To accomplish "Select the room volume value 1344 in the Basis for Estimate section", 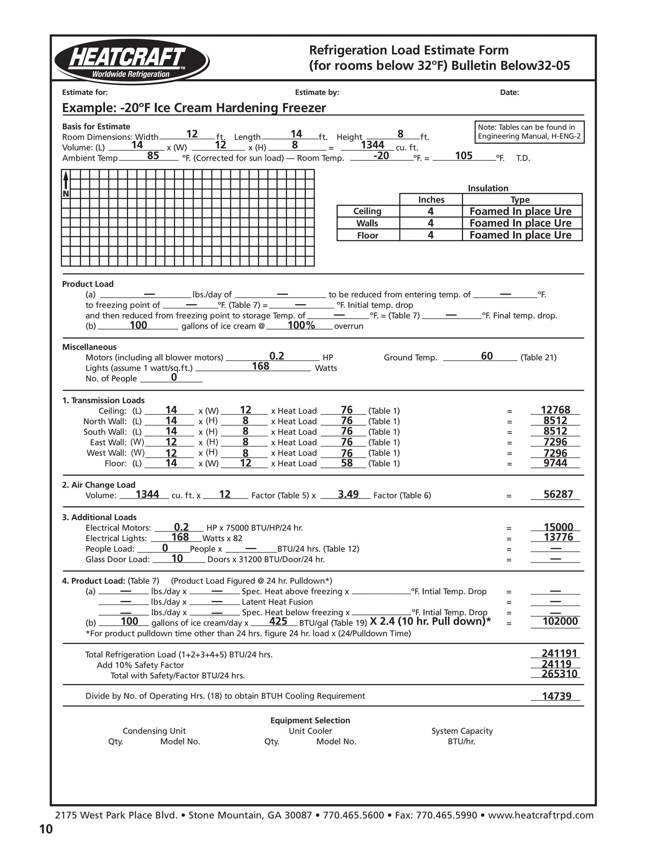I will coord(372,145).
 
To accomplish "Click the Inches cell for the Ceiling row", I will coord(430,211).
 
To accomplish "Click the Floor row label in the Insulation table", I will coord(368,235).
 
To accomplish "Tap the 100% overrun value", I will coord(301,326).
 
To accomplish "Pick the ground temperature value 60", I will coord(487,356).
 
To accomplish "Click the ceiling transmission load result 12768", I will coord(555,410).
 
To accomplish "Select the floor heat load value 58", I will coord(347,463).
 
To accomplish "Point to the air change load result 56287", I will coord(558,494).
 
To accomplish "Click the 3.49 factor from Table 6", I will coord(348,494).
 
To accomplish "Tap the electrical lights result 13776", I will coord(558,537).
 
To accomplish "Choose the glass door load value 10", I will coord(177,559).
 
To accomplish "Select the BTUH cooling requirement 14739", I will coord(556,696).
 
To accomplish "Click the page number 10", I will coord(46,829).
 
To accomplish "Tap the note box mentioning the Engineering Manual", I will coord(529,132).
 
